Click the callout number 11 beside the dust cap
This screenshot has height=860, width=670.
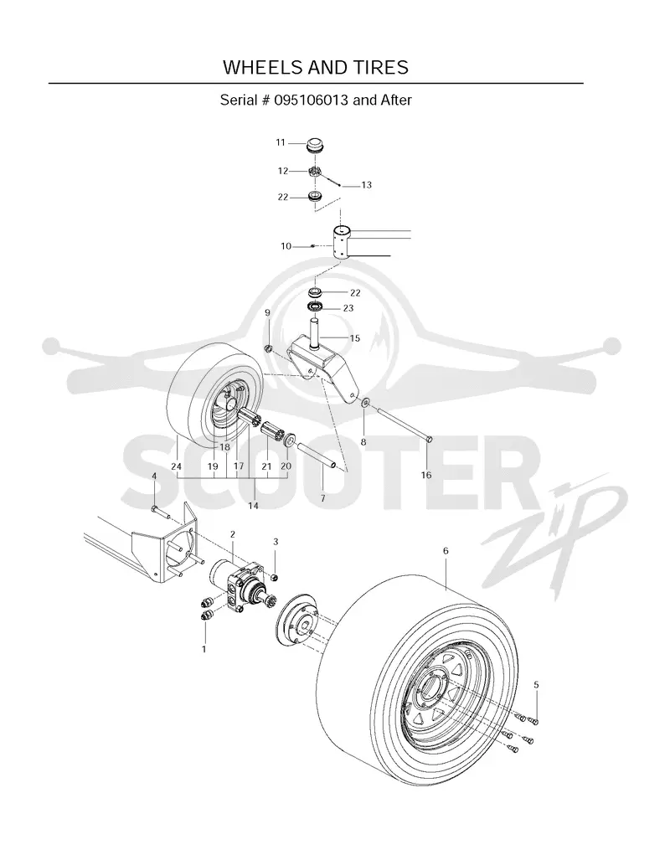tap(281, 142)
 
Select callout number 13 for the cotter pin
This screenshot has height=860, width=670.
tap(366, 185)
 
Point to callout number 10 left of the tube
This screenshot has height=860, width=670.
tap(286, 246)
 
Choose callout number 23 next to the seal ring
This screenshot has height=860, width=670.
tap(348, 308)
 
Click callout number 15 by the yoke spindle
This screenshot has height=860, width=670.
tap(354, 337)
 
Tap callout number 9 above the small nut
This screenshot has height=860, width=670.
tap(267, 312)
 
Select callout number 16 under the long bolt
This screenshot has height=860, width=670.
tap(426, 475)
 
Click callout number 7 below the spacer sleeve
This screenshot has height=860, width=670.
tap(322, 498)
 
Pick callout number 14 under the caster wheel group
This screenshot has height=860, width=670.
tap(253, 506)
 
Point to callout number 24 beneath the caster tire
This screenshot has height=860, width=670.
tap(176, 466)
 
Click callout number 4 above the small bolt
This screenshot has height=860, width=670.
tap(154, 476)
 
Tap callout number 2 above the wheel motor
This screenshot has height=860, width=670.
tap(233, 534)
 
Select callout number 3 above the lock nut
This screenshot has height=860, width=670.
tap(276, 542)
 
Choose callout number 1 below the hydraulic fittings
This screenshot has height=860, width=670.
tap(204, 649)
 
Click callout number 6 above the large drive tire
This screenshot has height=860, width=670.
tap(446, 551)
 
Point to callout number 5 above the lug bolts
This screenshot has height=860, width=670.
tap(536, 685)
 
